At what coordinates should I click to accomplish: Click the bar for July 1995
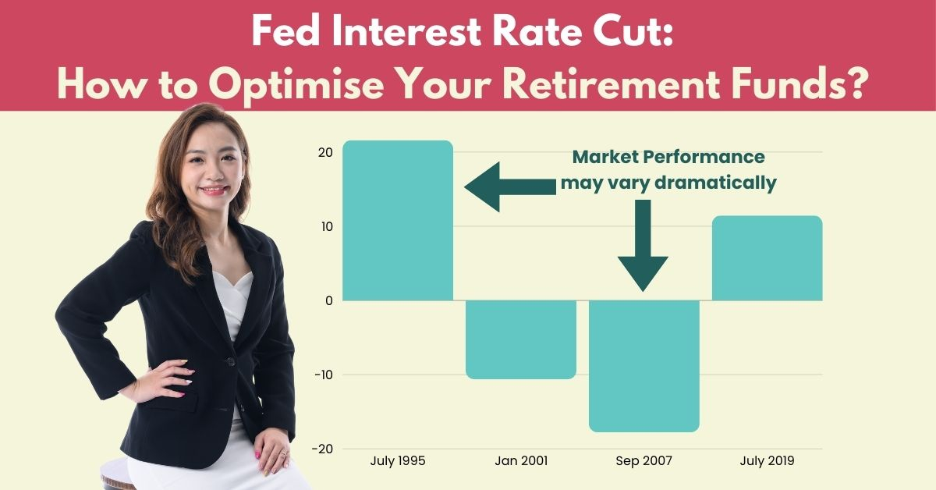pyautogui.click(x=398, y=220)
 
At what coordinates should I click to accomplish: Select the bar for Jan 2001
pyautogui.click(x=521, y=339)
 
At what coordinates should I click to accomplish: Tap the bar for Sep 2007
pyautogui.click(x=644, y=366)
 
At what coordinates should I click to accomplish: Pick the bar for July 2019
pyautogui.click(x=768, y=258)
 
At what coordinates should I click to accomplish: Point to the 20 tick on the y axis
pyautogui.click(x=325, y=153)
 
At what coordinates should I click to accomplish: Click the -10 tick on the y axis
pyautogui.click(x=324, y=375)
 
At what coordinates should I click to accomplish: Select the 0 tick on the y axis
pyautogui.click(x=329, y=301)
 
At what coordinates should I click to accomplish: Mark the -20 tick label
pyautogui.click(x=323, y=449)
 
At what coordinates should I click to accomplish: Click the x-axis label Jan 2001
pyautogui.click(x=521, y=460)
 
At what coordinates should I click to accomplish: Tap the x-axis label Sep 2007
pyautogui.click(x=644, y=461)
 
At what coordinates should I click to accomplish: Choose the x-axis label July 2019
pyautogui.click(x=768, y=461)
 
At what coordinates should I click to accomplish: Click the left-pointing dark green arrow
pyautogui.click(x=510, y=187)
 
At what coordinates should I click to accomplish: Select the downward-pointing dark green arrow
pyautogui.click(x=643, y=246)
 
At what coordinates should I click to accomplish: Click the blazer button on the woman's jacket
pyautogui.click(x=229, y=361)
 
